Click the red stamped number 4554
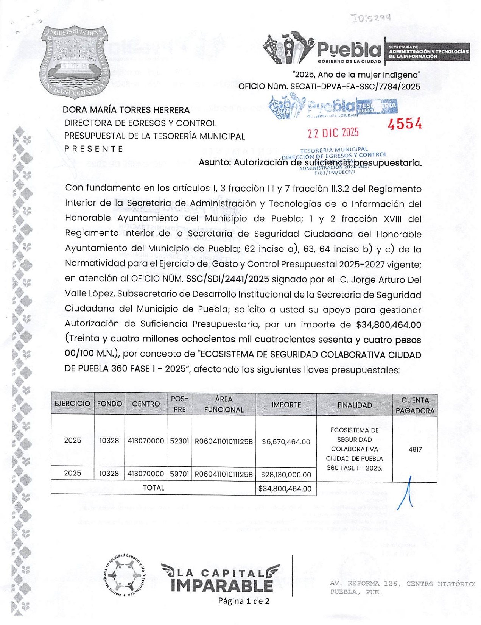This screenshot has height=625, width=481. [405, 124]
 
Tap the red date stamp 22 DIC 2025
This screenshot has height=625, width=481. [333, 133]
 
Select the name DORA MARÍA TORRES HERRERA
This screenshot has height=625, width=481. [126, 110]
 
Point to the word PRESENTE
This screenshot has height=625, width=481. [93, 149]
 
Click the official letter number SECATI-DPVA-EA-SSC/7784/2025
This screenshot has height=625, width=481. [355, 87]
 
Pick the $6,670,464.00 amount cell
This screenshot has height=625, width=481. [286, 442]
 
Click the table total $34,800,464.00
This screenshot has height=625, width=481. [285, 489]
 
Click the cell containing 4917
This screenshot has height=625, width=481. [415, 450]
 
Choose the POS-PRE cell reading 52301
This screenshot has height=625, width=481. [179, 441]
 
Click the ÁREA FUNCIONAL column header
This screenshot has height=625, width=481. [224, 404]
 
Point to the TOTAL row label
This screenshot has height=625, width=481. [153, 488]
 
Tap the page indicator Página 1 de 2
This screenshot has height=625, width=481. [244, 601]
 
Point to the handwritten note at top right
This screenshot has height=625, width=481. [370, 17]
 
